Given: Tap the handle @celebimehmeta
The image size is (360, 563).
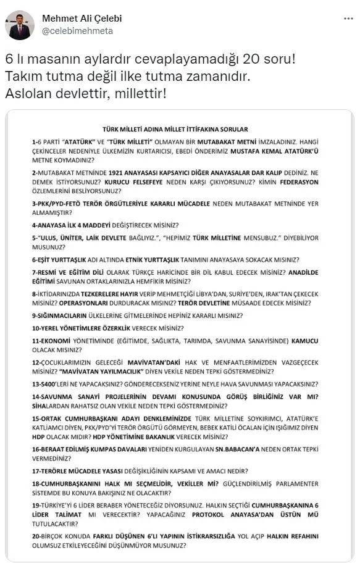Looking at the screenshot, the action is tap(77, 30).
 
